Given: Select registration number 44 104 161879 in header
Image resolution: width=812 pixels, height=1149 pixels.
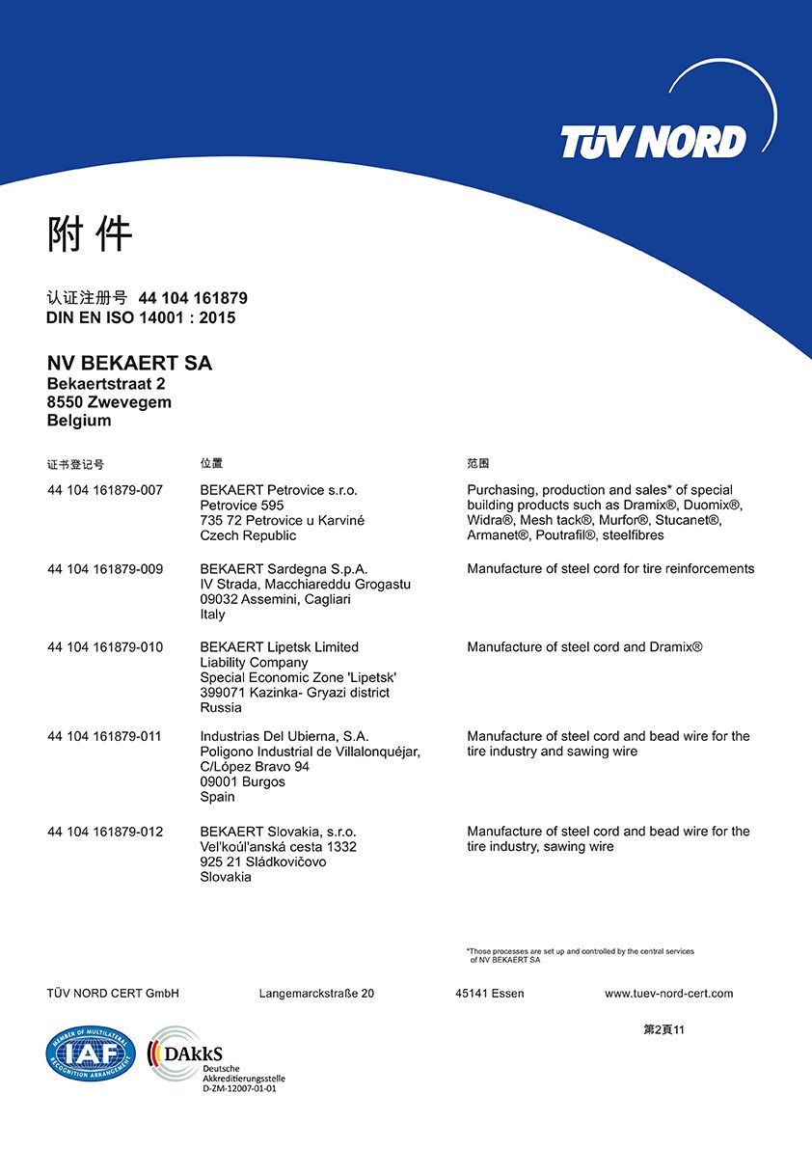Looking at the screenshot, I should (193, 298).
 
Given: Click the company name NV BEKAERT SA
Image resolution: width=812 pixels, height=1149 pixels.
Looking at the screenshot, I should (129, 364).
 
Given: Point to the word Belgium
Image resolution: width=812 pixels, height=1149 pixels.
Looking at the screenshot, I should (79, 421).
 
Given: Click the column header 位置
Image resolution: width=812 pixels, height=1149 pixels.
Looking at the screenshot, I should (211, 464).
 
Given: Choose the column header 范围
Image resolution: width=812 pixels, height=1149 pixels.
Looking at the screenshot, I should (478, 464).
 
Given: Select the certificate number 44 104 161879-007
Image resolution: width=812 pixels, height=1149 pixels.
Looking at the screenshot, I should (105, 490).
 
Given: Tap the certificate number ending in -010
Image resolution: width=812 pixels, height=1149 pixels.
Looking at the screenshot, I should (105, 647).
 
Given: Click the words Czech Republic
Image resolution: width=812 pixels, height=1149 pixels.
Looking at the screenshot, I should (248, 535).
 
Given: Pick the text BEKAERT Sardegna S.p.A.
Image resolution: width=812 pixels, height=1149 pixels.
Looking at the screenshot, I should (284, 569).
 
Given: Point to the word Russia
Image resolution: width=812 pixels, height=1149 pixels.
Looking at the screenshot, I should (221, 707).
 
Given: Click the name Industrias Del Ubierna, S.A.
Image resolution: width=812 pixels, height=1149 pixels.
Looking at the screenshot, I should (284, 736).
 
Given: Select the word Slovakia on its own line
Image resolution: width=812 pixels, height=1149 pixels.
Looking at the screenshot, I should (226, 877).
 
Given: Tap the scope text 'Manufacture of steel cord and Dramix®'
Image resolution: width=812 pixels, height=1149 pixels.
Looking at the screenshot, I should (584, 647).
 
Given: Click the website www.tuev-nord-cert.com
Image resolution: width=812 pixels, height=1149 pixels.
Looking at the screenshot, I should (668, 994).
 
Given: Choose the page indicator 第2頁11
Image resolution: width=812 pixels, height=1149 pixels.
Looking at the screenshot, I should (663, 1029).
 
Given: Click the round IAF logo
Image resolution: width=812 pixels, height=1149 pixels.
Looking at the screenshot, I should (91, 1054).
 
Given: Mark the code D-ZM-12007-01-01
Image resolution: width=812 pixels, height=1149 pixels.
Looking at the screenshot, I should (239, 1088).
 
